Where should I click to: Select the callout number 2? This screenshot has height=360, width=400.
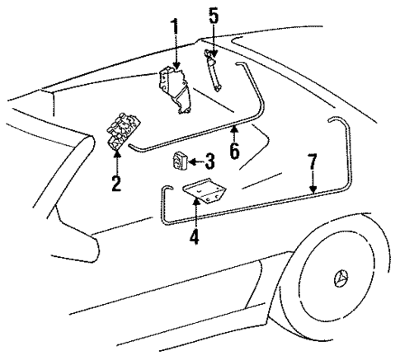coord(116,182)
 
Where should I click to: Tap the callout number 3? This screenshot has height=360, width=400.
coord(209,161)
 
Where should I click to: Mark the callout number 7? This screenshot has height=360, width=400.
coord(313,161)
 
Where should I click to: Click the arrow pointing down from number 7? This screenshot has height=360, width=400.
coord(313,185)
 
